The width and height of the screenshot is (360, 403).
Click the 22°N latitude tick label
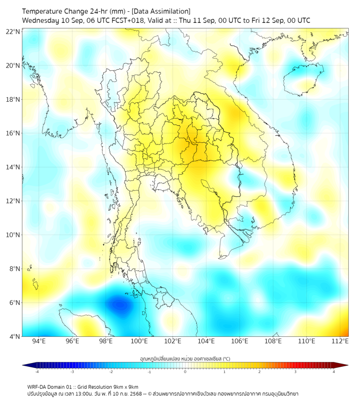[13, 32]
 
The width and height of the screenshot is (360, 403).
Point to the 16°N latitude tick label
[13, 133]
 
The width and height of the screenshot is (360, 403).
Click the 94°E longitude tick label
[39, 341]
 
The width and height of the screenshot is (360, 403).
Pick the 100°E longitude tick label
[139, 341]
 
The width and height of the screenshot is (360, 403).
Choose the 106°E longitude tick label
[240, 341]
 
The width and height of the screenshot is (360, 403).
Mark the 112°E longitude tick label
[340, 341]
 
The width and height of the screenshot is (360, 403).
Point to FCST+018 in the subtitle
[127, 20]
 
